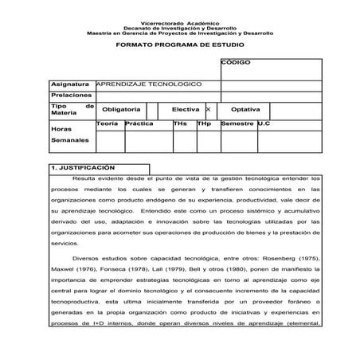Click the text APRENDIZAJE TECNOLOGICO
(x=149, y=84)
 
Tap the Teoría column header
(x=109, y=124)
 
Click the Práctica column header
(x=139, y=124)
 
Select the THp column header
(x=204, y=124)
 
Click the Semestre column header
(x=237, y=124)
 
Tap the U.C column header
(x=264, y=124)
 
